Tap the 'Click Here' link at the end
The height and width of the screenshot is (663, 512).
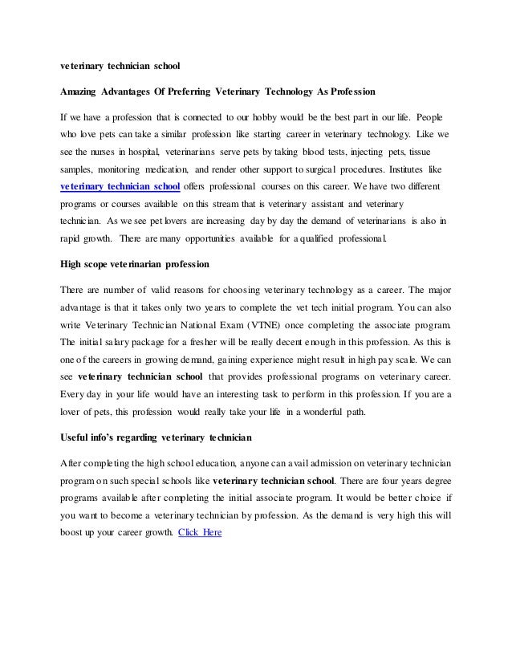[200, 532]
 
